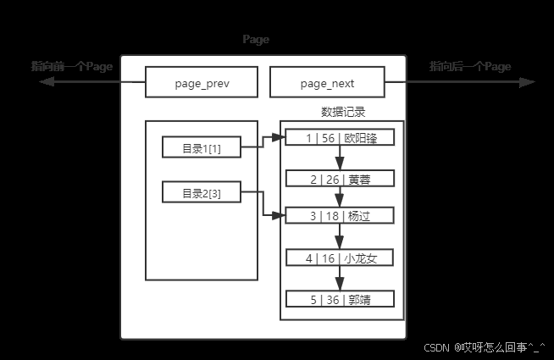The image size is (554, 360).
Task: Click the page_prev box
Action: [x=202, y=83]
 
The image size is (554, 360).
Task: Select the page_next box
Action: [x=327, y=83]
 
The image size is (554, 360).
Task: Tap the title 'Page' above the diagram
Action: [x=256, y=40]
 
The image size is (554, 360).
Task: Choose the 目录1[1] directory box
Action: [x=202, y=148]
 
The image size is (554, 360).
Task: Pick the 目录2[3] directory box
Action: [x=202, y=193]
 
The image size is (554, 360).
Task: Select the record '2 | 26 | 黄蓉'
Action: [x=341, y=179]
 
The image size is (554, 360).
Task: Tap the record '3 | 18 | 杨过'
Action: [x=341, y=217]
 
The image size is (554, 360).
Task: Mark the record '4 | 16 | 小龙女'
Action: [x=341, y=258]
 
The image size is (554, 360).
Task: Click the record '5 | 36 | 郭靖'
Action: [x=341, y=299]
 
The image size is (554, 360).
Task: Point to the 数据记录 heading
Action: [x=343, y=112]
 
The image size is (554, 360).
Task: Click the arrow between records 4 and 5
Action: [x=341, y=279]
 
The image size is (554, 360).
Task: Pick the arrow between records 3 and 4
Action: [x=341, y=237]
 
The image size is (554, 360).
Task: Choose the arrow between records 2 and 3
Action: [x=341, y=198]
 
